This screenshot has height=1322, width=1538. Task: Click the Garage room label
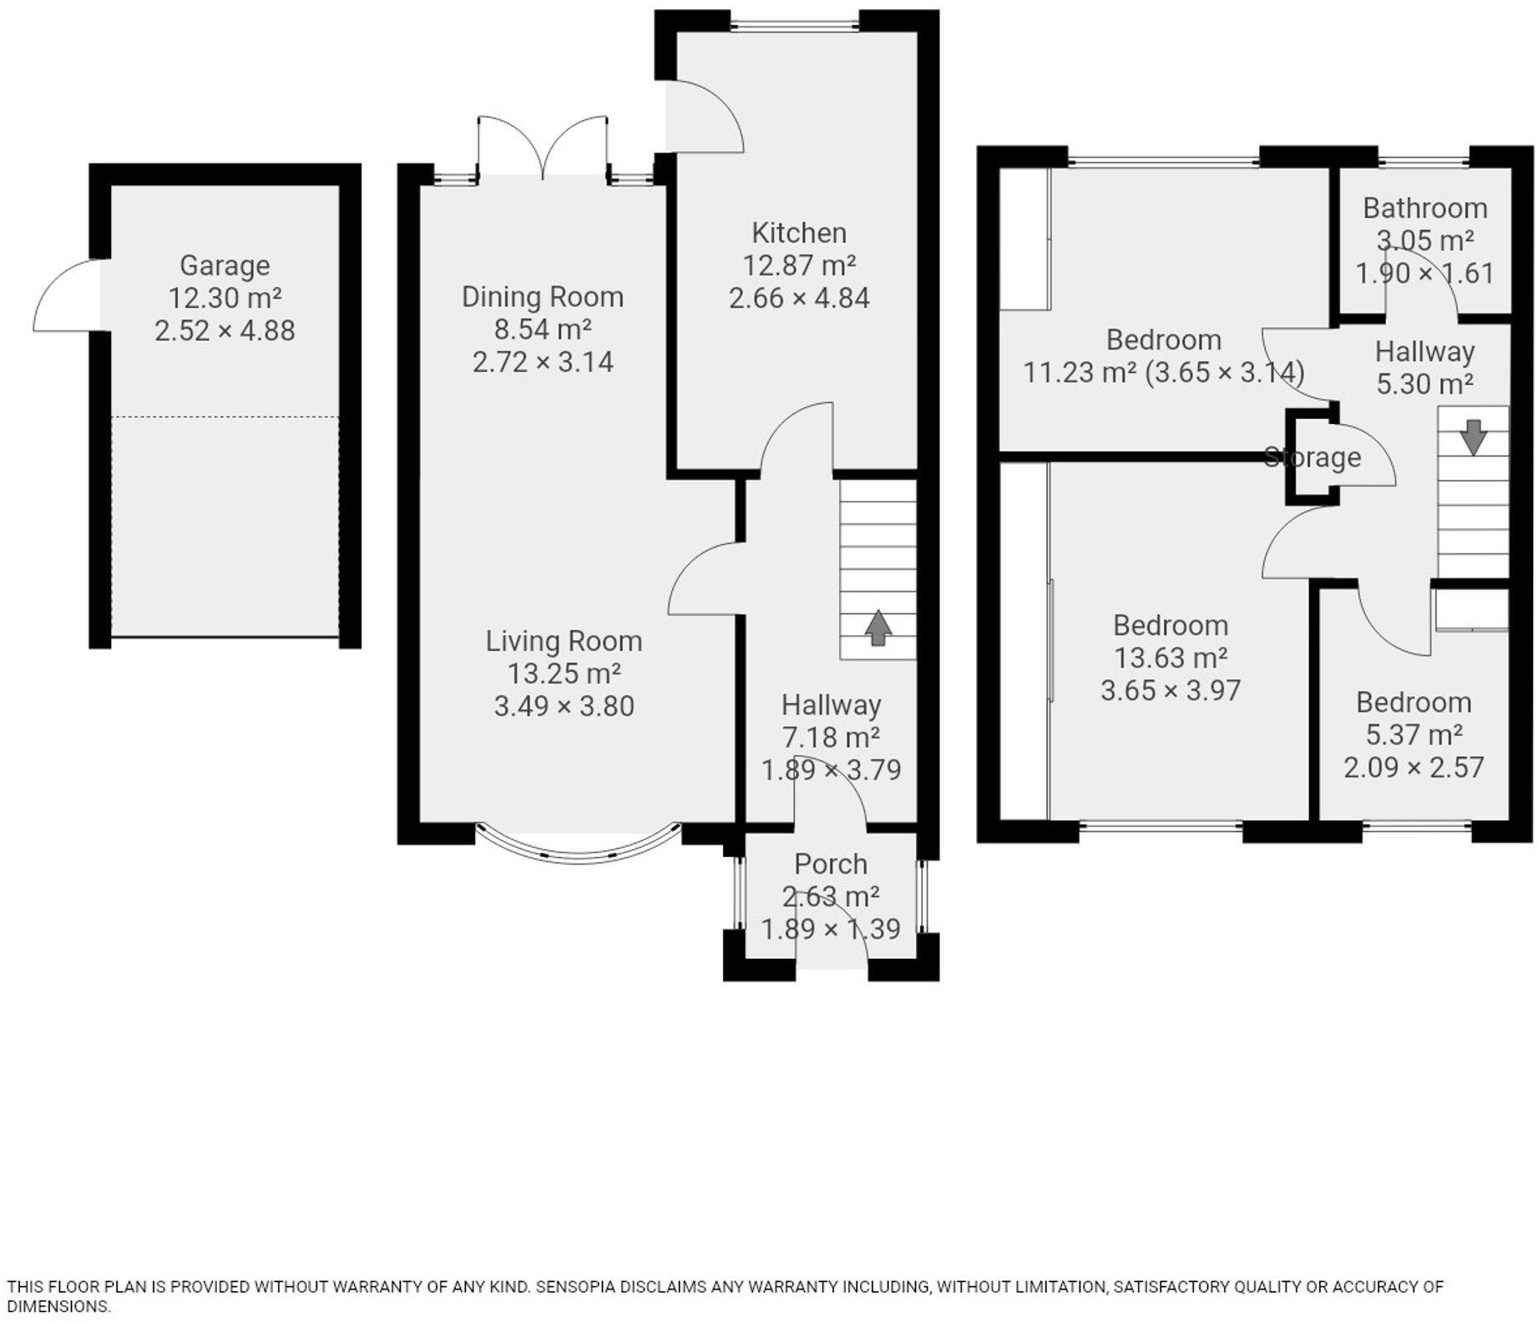(x=225, y=265)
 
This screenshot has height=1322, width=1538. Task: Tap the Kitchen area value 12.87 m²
(x=799, y=265)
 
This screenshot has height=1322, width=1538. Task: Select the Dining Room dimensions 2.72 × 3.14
(x=543, y=362)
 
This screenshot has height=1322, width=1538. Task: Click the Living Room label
(x=564, y=641)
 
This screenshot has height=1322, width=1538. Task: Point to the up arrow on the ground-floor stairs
(x=877, y=628)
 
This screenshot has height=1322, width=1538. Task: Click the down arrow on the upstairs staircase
(x=1473, y=436)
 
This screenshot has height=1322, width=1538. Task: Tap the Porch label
(x=830, y=864)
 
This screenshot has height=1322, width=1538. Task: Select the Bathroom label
(x=1424, y=208)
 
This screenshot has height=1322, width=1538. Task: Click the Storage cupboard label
(x=1312, y=457)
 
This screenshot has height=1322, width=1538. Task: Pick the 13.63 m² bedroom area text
(x=1171, y=658)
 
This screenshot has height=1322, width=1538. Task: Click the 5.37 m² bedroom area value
(x=1414, y=734)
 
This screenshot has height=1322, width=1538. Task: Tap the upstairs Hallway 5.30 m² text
(x=1424, y=384)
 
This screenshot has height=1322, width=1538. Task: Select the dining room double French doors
(x=543, y=146)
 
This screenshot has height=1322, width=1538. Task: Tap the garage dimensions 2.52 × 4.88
(x=225, y=330)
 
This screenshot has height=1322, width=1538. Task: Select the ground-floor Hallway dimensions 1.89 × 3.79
(x=830, y=769)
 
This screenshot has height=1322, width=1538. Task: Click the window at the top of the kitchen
(x=794, y=26)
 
